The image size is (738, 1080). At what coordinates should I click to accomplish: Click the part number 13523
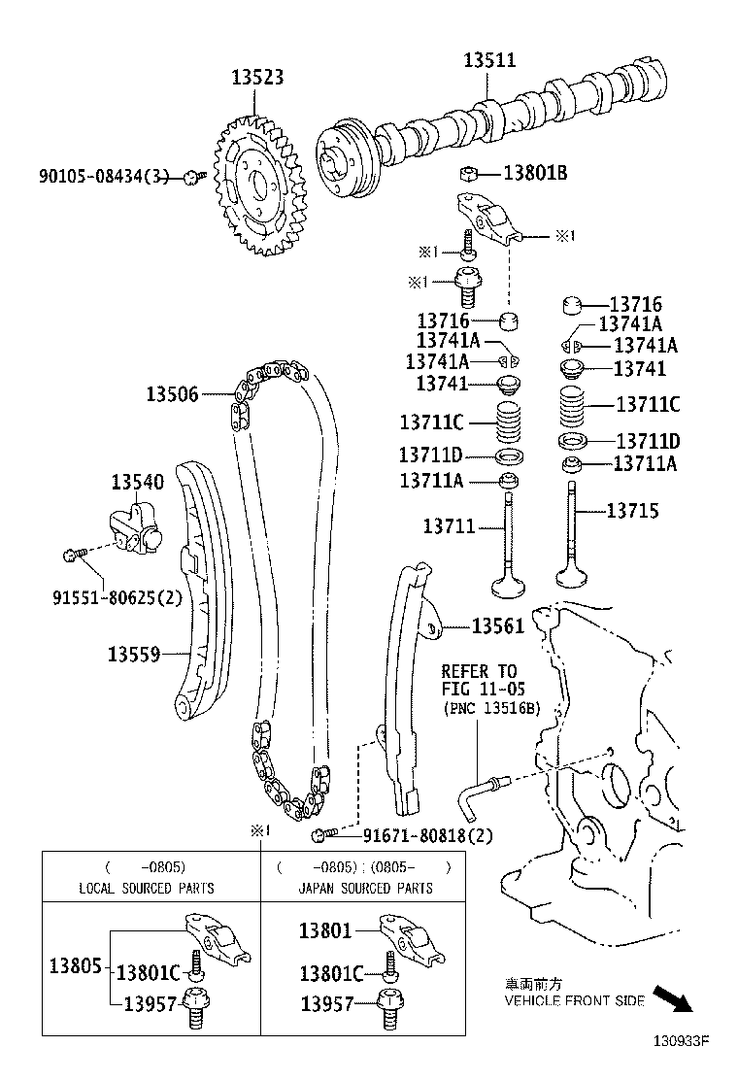click(257, 79)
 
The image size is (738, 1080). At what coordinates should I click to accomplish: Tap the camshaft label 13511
click(489, 60)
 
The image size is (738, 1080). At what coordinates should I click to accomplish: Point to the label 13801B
click(535, 175)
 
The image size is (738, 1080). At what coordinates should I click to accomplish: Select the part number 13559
click(134, 655)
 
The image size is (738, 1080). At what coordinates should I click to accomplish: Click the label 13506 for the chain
click(173, 394)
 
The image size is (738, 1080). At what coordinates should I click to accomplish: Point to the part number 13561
click(498, 626)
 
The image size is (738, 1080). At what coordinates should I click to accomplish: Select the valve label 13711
click(449, 526)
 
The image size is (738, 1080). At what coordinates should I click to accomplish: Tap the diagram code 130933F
click(682, 1045)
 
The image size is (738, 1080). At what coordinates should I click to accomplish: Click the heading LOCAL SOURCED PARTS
click(147, 888)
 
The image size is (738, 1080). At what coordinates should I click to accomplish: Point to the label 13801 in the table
click(324, 930)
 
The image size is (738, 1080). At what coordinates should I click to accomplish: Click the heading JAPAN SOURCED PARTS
click(366, 888)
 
